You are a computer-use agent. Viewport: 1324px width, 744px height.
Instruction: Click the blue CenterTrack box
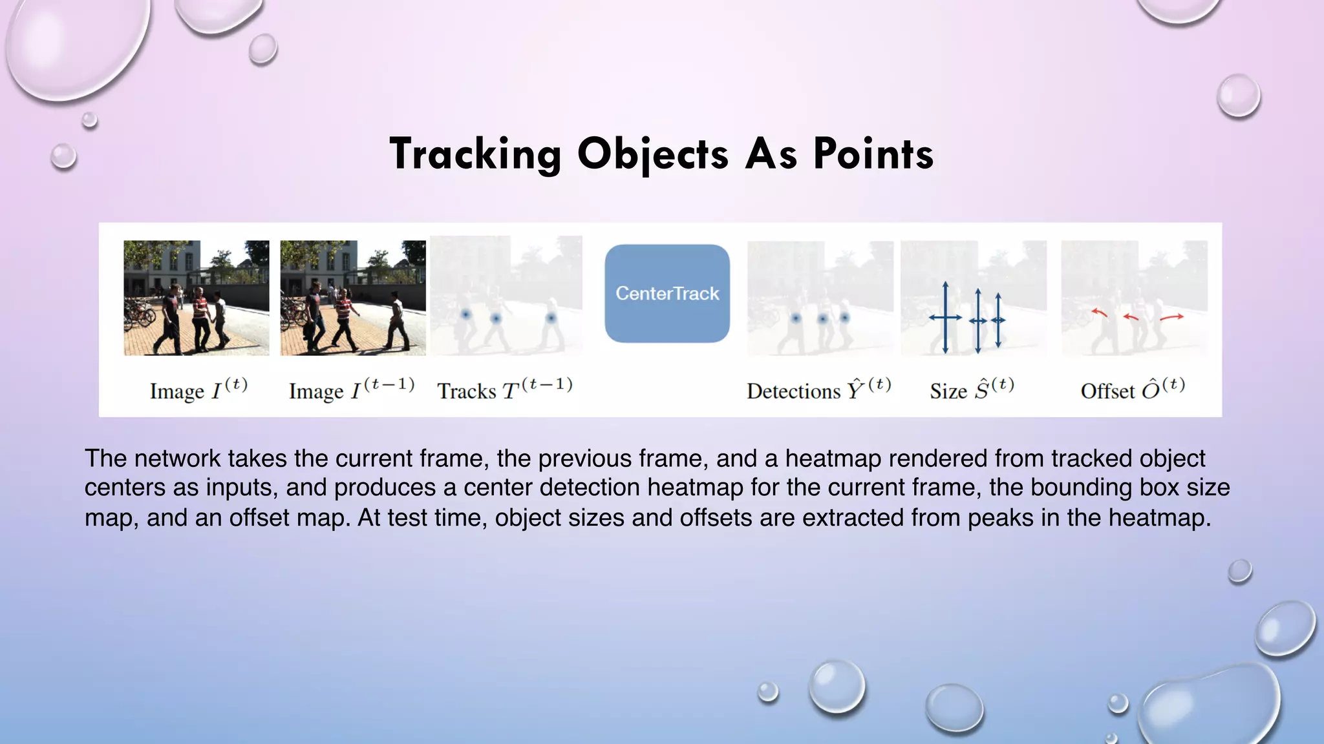pyautogui.click(x=667, y=293)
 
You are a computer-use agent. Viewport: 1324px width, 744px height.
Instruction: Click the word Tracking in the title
pyautogui.click(x=475, y=154)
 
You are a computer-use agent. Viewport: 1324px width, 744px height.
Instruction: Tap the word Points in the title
pyautogui.click(x=873, y=154)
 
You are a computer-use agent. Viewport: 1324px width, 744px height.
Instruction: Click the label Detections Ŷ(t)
pyautogui.click(x=818, y=390)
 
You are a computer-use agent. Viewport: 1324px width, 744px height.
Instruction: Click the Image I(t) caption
pyautogui.click(x=198, y=390)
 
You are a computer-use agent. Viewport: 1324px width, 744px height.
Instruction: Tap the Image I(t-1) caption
pyautogui.click(x=351, y=390)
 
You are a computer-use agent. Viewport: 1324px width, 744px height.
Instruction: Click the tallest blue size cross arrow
pyautogui.click(x=945, y=317)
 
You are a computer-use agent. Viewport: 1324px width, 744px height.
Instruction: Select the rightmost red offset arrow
pyautogui.click(x=1171, y=317)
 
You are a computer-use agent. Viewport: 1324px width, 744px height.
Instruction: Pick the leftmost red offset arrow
pyautogui.click(x=1099, y=313)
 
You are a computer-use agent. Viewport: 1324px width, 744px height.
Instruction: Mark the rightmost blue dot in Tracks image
pyautogui.click(x=551, y=318)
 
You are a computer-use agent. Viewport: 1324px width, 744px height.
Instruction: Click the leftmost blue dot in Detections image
pyautogui.click(x=796, y=318)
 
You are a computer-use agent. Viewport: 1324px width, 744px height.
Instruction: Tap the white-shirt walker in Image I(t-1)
pyautogui.click(x=396, y=320)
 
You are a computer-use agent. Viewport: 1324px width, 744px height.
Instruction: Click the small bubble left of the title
pyautogui.click(x=63, y=156)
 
